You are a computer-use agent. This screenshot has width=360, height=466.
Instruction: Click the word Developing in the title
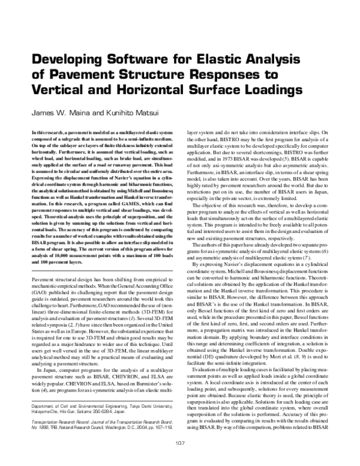tap(65, 60)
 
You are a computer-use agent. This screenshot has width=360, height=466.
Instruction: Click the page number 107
tap(179, 443)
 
